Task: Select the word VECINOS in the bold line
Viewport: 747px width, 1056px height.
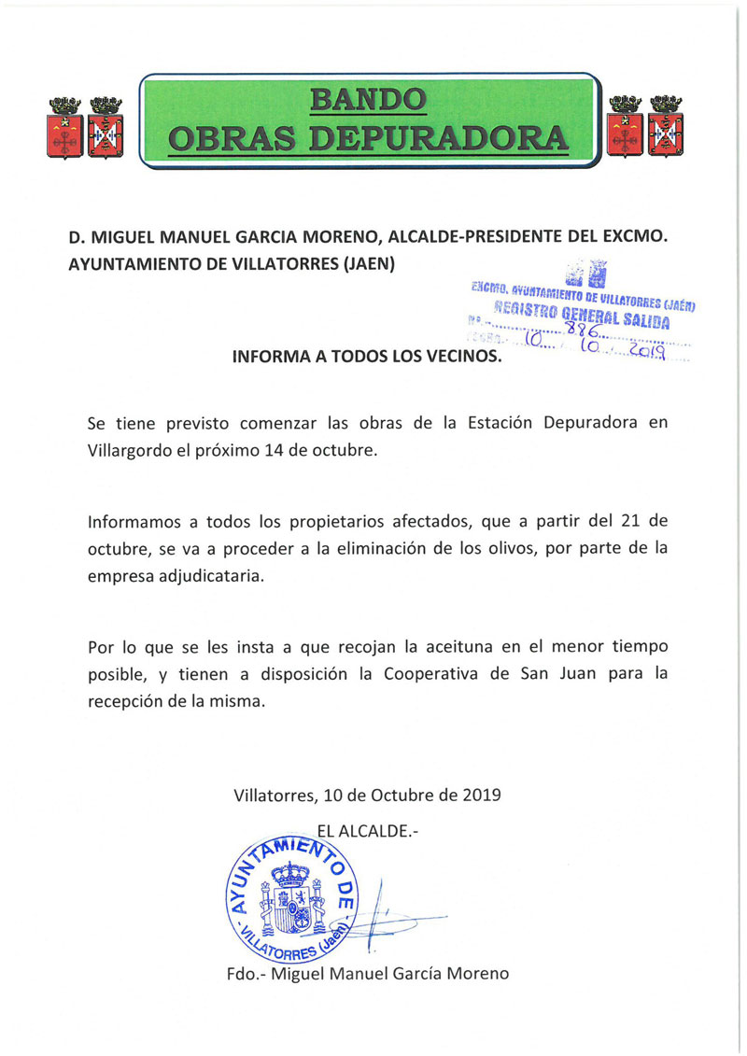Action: pos(459,357)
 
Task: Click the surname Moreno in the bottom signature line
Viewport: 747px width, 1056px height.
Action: pos(476,974)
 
